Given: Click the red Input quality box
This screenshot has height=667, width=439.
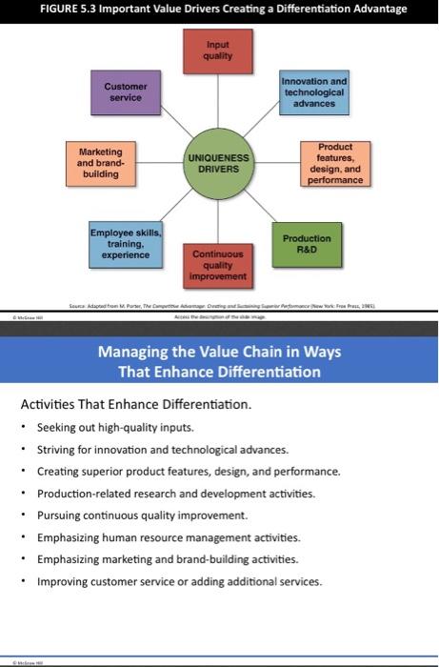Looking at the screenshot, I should point(218,50).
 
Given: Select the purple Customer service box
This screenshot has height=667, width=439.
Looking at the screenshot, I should point(125,91).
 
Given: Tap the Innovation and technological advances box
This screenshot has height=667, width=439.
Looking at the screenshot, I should point(314,91).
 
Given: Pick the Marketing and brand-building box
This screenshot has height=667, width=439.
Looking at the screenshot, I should point(100,161).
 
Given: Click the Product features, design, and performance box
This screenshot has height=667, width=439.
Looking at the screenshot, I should point(332,164).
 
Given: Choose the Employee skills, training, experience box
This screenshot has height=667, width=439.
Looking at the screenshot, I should point(127,243).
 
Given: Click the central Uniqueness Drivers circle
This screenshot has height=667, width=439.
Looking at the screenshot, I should point(218,163).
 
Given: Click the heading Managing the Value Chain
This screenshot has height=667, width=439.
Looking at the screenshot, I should point(219,352).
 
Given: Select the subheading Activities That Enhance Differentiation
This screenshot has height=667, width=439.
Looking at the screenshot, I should point(136,404).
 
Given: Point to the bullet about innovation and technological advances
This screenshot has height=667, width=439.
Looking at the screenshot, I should point(162,449).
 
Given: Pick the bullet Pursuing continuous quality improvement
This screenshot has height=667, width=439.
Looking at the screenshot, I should point(142,515).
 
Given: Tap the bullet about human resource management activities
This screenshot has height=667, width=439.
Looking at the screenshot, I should point(169,537).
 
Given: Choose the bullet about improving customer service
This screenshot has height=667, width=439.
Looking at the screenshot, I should point(179,581).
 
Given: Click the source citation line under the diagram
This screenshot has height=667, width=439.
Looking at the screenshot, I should point(219,301).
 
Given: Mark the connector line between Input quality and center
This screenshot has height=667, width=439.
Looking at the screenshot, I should point(218,105).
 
